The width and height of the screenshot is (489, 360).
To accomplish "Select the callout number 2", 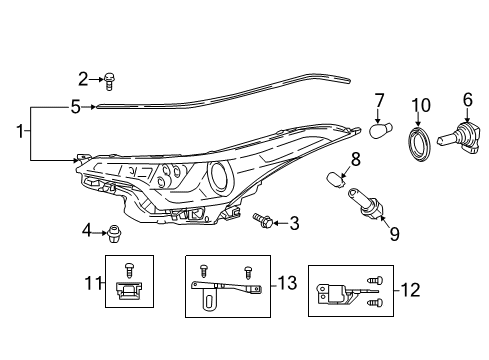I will (84, 77).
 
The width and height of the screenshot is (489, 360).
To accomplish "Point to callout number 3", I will (293, 223).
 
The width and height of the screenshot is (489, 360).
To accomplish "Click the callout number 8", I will (355, 158).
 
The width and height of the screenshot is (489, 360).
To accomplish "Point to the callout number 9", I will (394, 234).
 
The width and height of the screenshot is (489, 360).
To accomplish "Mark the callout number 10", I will (420, 105).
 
